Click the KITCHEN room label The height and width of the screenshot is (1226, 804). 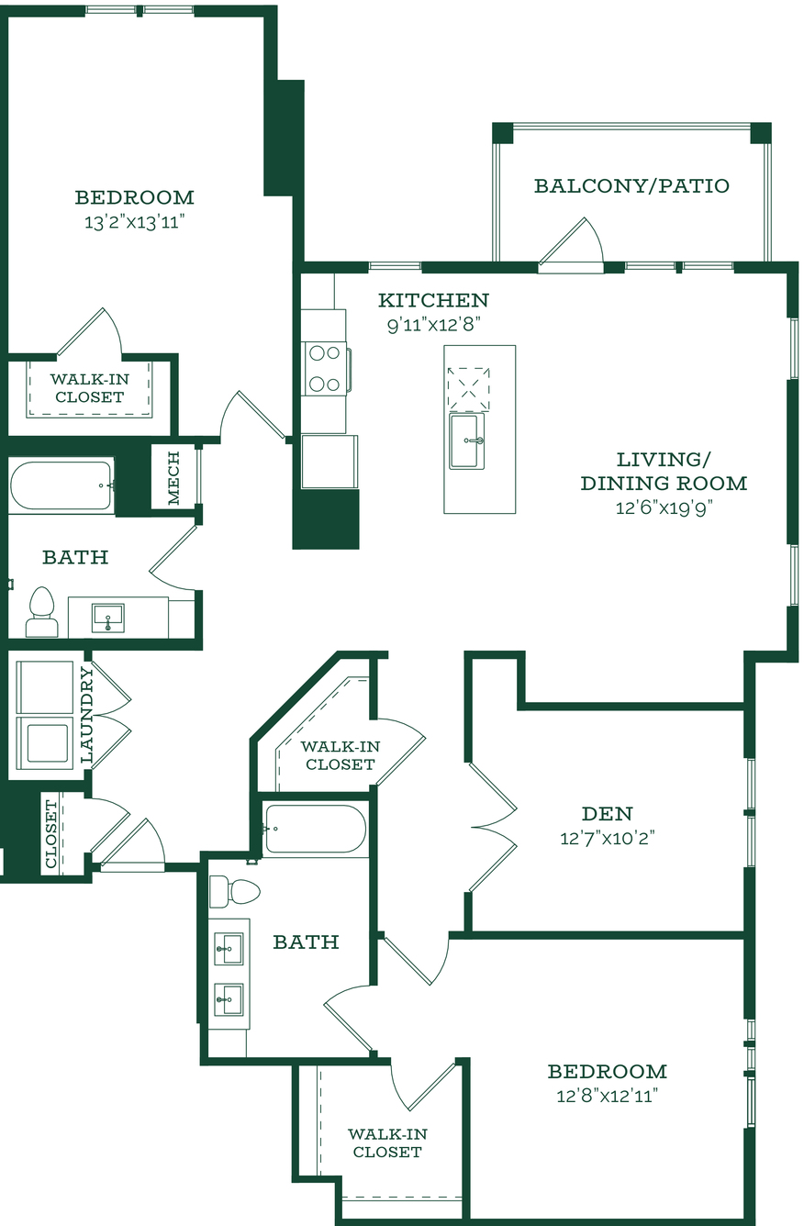click(433, 300)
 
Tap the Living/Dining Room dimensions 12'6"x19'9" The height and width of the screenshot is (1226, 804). click(664, 508)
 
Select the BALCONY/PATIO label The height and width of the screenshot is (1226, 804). click(631, 186)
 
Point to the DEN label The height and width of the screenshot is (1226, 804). click(607, 814)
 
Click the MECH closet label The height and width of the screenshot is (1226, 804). click(173, 478)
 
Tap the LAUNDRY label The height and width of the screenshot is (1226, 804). click(87, 715)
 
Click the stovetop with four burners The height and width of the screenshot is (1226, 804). click(325, 369)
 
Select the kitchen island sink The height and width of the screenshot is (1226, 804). click(467, 441)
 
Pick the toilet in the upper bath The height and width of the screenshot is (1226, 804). click(41, 611)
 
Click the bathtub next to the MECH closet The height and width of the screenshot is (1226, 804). click(61, 486)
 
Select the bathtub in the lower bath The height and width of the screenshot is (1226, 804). click(314, 829)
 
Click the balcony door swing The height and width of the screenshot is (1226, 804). click(572, 244)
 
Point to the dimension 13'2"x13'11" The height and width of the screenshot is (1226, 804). click(134, 222)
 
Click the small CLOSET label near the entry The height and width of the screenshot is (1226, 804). click(50, 833)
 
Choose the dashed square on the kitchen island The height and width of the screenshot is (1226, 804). click(468, 388)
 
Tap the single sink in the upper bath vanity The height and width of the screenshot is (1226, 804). click(107, 618)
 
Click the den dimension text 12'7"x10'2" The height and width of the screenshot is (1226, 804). click(608, 839)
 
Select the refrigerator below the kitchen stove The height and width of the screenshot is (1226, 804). click(329, 462)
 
